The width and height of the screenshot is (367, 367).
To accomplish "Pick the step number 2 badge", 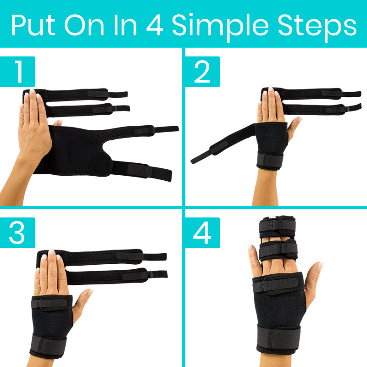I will (x=202, y=71).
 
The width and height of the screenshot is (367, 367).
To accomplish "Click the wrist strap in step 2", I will (x=270, y=161).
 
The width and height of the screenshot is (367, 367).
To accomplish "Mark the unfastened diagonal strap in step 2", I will (x=220, y=145).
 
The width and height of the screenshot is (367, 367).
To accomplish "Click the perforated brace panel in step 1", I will (x=78, y=149).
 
